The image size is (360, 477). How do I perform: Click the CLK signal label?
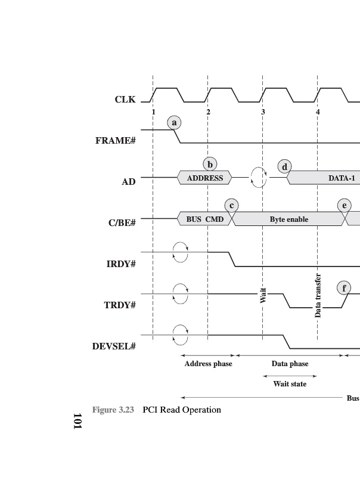pyautogui.click(x=125, y=100)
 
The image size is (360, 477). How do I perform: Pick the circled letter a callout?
pyautogui.click(x=174, y=123)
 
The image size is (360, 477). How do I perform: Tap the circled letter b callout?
pyautogui.click(x=209, y=164)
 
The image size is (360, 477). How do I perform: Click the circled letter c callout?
pyautogui.click(x=231, y=206)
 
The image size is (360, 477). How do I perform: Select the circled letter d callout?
pyautogui.click(x=285, y=167)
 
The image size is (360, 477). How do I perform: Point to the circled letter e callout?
pyautogui.click(x=344, y=206)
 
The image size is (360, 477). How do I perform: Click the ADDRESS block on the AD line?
pyautogui.click(x=205, y=178)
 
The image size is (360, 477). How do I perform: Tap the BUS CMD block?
pyautogui.click(x=204, y=219)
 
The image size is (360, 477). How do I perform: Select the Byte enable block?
pyautogui.click(x=289, y=219)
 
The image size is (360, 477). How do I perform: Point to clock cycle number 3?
pyautogui.click(x=263, y=112)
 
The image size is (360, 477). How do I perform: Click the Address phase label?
pyautogui.click(x=208, y=364)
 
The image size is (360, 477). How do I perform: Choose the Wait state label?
pyautogui.click(x=290, y=383)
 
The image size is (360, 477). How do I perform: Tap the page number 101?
pyautogui.click(x=77, y=421)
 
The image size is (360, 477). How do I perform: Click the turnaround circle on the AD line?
pyautogui.click(x=259, y=177)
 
